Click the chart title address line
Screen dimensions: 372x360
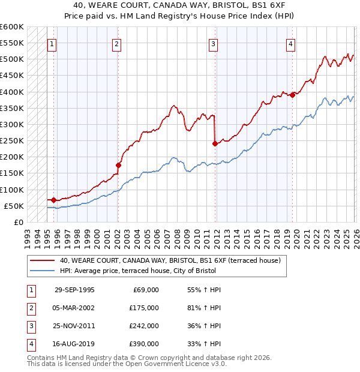180,5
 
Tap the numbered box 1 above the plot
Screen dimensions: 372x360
52,43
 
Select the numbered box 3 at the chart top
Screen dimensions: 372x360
213,43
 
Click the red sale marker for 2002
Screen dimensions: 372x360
118,165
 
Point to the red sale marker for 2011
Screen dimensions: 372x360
215,143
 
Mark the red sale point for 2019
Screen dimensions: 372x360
292,95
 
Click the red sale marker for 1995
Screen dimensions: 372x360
54,200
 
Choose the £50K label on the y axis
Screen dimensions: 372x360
14,206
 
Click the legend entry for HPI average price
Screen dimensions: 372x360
160,271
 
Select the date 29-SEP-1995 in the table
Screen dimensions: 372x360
74,290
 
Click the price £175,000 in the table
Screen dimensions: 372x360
144,308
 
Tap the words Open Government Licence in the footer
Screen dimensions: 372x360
175,364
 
